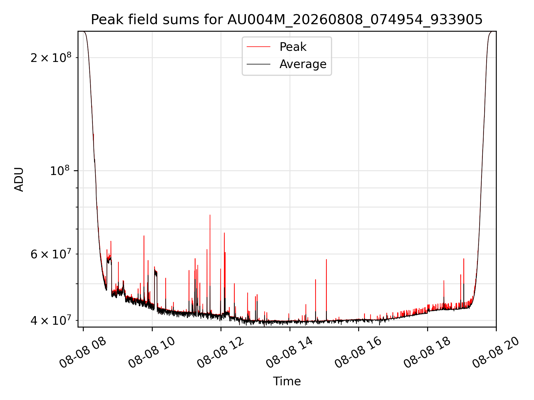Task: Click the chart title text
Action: (x=287, y=20)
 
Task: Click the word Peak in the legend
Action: (x=293, y=47)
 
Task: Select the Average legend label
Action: (x=303, y=64)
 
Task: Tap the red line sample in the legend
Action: (x=258, y=47)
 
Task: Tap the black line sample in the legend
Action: (x=258, y=64)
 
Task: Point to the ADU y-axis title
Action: (x=19, y=179)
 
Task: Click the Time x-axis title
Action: (x=287, y=381)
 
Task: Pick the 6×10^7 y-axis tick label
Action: (x=51, y=254)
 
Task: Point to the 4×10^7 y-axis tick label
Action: (x=51, y=320)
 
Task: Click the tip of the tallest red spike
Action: (x=210, y=215)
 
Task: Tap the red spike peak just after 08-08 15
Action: (x=327, y=259)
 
